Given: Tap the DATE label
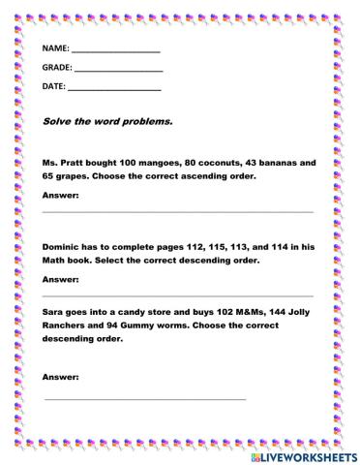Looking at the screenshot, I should coord(54,87).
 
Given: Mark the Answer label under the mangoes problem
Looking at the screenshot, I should coord(61,196).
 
